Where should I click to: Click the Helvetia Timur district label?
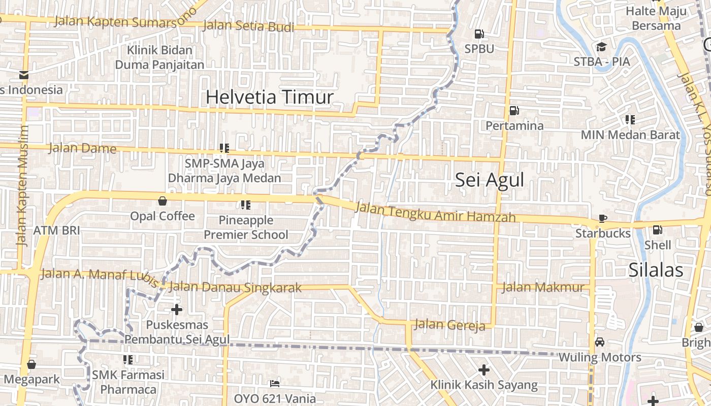(x=269, y=96)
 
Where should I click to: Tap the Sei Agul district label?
(x=489, y=180)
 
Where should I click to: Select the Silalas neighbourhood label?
(x=656, y=270)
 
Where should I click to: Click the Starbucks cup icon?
(x=603, y=219)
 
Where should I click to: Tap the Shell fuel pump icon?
(x=657, y=230)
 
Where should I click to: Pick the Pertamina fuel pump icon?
(x=514, y=111)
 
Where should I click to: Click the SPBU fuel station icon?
(x=479, y=34)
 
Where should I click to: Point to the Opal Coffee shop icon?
(x=163, y=201)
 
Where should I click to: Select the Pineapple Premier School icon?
(x=246, y=205)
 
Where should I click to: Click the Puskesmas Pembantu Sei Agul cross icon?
(x=177, y=309)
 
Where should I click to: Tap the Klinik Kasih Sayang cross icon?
(x=484, y=369)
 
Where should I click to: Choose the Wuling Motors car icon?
(x=600, y=342)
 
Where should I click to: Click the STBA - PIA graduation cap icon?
(x=602, y=47)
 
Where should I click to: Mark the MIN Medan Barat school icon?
(x=630, y=120)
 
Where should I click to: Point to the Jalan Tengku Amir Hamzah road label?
(x=435, y=212)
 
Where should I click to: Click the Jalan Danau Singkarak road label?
(x=235, y=287)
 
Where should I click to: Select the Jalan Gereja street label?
(x=450, y=325)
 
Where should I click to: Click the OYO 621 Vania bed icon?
(x=275, y=383)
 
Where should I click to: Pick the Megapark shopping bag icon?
(x=31, y=364)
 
